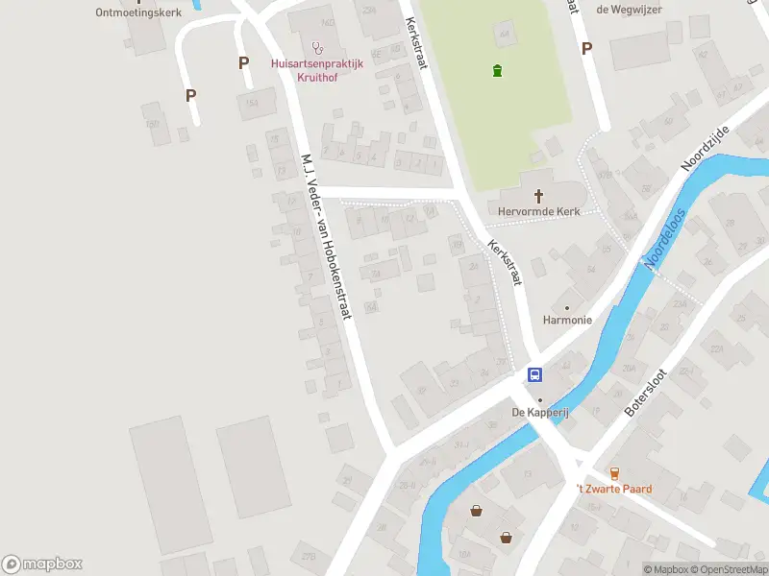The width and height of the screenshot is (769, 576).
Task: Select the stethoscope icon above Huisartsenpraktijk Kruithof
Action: pos(317,46)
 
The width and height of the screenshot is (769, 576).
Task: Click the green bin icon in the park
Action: pos(496,70)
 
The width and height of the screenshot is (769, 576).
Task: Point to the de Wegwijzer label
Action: pos(629,10)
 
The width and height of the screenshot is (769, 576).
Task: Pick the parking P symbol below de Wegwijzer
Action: pos(586,47)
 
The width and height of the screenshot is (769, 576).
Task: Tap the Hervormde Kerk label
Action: pos(538,211)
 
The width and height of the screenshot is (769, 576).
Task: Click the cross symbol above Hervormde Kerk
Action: pos(538,195)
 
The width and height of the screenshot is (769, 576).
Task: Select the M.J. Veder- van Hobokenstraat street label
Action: pos(327,236)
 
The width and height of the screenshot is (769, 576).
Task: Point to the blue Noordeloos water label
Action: pos(667,239)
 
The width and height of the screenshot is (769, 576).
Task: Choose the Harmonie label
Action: pos(566,321)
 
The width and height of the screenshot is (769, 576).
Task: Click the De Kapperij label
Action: pos(540,413)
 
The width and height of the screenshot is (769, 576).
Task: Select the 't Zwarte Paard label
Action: pos(613,489)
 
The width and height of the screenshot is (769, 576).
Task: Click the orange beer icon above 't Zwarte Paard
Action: pos(614,472)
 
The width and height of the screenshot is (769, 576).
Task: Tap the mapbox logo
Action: pos(42,564)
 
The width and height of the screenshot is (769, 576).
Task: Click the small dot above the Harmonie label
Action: pos(566,307)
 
